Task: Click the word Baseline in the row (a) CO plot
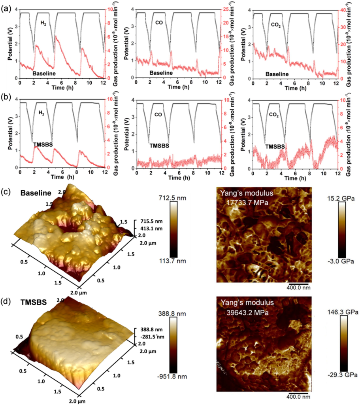click(161, 73)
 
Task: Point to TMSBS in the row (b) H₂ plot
click(44, 145)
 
